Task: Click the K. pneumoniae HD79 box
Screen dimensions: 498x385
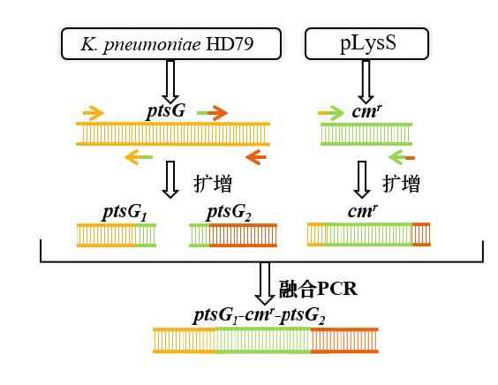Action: (171, 44)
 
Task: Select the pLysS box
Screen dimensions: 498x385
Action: (366, 44)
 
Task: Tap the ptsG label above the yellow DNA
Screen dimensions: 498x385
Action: (166, 111)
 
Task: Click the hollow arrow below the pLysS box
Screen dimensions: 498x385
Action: (366, 81)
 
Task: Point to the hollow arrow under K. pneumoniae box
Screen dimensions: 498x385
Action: (170, 81)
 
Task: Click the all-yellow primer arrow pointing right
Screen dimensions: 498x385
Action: (94, 113)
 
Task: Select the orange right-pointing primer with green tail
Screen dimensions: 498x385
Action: (212, 113)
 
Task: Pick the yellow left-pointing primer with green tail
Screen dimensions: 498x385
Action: (139, 157)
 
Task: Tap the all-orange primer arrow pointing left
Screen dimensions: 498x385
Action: (256, 157)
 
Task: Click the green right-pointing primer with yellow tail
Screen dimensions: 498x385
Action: (331, 113)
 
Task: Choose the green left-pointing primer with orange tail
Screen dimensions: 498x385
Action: (402, 157)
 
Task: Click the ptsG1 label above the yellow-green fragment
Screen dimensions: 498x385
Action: (124, 212)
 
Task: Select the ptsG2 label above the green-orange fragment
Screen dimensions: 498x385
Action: (229, 212)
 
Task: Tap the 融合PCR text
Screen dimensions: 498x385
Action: (318, 289)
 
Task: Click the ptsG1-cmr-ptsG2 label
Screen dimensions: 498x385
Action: (260, 316)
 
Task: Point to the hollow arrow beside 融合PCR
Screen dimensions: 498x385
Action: (265, 283)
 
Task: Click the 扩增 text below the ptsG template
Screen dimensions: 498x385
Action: (213, 184)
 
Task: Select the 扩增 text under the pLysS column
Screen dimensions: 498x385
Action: (402, 184)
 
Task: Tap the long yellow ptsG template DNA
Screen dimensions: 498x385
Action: (173, 134)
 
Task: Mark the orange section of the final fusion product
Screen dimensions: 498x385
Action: (344, 341)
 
